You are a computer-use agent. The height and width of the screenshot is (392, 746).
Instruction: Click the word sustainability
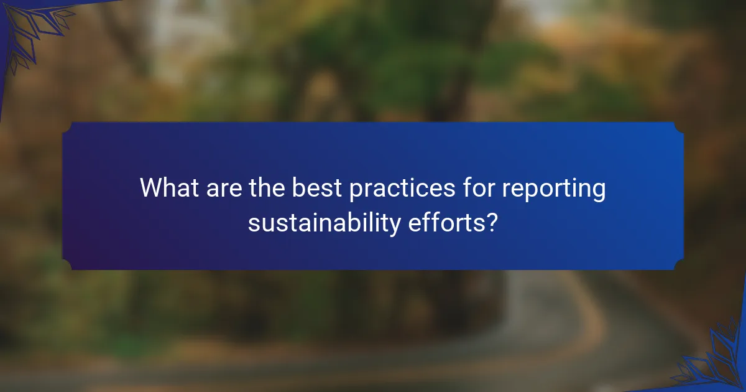[325, 222]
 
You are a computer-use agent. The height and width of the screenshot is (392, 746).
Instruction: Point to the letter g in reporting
[598, 192]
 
